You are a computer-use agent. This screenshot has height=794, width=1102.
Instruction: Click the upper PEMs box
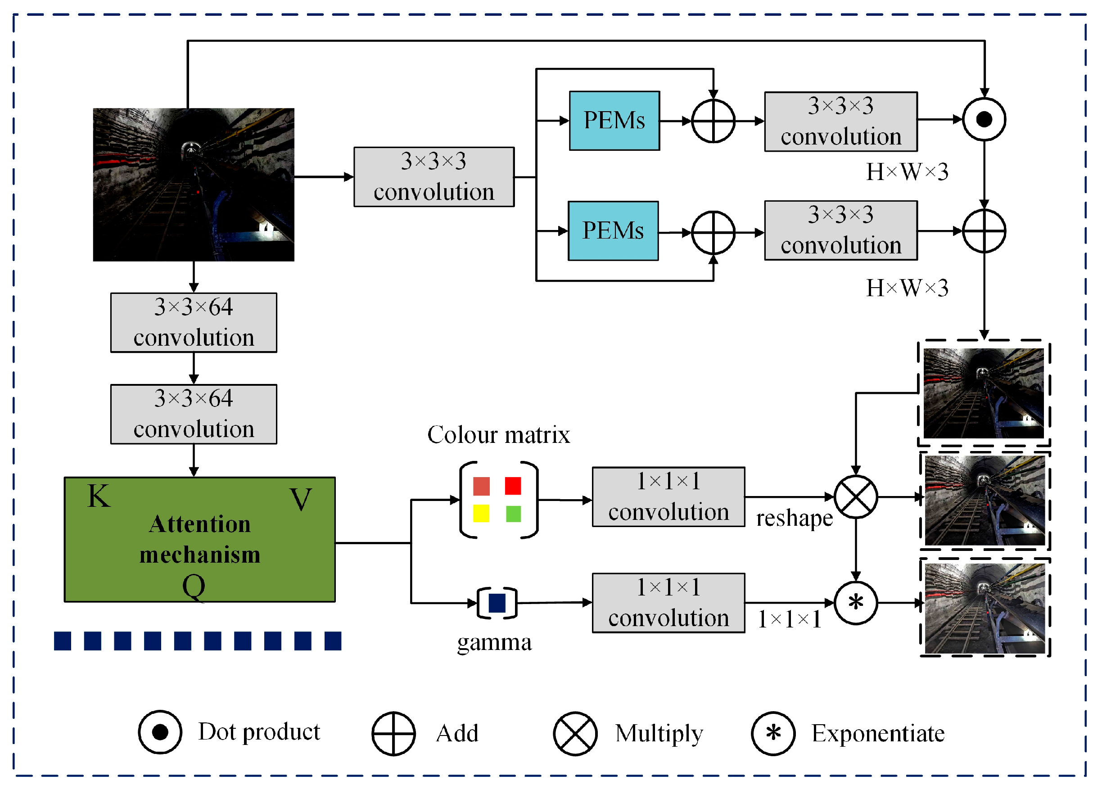[614, 121]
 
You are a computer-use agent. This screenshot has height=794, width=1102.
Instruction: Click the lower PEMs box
[613, 231]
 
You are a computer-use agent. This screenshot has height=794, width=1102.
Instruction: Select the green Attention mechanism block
[200, 539]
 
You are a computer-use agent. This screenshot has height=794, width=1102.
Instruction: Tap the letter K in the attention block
[99, 496]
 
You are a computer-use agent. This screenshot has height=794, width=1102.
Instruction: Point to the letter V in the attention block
[300, 499]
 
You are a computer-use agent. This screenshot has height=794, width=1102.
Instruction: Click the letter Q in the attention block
[194, 587]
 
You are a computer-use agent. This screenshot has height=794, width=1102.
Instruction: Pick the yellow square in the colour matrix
[481, 514]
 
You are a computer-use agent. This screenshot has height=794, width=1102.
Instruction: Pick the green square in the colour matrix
[513, 514]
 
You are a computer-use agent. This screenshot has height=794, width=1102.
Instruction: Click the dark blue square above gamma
[497, 603]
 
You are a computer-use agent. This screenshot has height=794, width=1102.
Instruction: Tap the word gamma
[494, 642]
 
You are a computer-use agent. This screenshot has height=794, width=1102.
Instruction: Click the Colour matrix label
[498, 434]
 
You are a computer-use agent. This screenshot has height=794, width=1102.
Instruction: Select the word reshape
[794, 518]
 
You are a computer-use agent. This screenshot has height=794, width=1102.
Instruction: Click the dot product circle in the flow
[984, 120]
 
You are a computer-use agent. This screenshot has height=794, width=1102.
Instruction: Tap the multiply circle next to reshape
[856, 497]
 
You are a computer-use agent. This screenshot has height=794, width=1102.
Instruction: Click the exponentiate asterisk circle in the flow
[856, 603]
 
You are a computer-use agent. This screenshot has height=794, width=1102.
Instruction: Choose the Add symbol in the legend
[393, 734]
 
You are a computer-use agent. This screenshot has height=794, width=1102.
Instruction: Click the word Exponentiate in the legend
[877, 733]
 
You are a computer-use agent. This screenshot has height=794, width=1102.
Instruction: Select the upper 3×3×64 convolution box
[194, 323]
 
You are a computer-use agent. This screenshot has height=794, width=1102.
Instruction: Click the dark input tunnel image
[194, 185]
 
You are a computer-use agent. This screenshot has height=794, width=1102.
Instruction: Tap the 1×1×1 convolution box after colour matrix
[668, 497]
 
